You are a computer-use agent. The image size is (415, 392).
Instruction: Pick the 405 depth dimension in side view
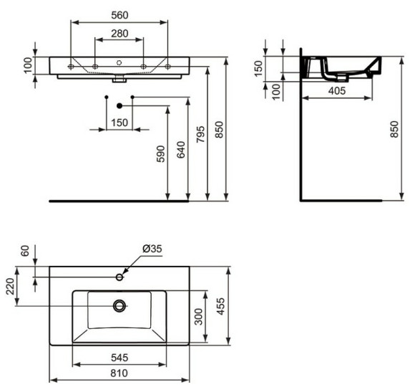pyautogui.click(x=338, y=90)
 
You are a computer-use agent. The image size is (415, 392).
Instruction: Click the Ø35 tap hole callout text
pyautogui.click(x=152, y=249)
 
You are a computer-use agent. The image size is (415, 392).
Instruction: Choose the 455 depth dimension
pyautogui.click(x=222, y=306)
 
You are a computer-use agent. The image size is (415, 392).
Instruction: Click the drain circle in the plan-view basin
pyautogui.click(x=119, y=306)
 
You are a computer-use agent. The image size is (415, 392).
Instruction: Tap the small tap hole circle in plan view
pyautogui.click(x=119, y=277)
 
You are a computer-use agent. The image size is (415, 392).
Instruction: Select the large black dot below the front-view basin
pyautogui.click(x=119, y=106)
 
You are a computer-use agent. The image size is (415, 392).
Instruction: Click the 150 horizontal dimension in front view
pyautogui.click(x=119, y=123)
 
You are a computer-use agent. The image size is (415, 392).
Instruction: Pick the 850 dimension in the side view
pyautogui.click(x=394, y=130)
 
